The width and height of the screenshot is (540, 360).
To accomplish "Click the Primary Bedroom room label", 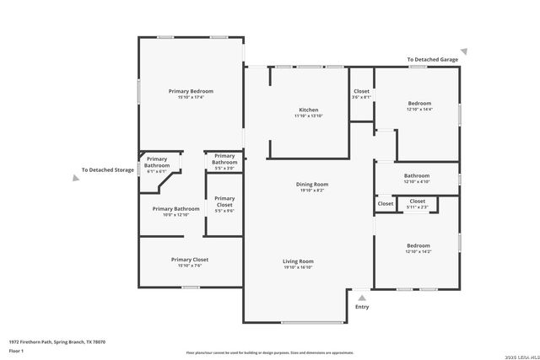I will (x=191, y=91).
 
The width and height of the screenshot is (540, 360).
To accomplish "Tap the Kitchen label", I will (x=308, y=110).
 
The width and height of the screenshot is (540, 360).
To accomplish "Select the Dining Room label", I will (x=311, y=184).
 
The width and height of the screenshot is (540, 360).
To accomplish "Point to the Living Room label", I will (x=298, y=261).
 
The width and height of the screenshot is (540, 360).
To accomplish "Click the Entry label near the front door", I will (x=362, y=307).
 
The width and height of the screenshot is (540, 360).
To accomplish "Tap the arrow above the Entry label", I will (x=362, y=297).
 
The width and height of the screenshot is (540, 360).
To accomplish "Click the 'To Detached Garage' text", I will (x=432, y=60).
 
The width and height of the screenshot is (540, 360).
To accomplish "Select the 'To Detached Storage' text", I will (x=108, y=170).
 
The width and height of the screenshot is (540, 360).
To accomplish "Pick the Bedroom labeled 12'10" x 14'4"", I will (x=418, y=104).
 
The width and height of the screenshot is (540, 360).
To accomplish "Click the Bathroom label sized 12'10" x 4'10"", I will (x=417, y=175).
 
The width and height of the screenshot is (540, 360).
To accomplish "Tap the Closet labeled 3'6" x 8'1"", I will (x=361, y=91).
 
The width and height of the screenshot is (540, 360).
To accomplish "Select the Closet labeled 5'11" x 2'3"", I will (x=417, y=201).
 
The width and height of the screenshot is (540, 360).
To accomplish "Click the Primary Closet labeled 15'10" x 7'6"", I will (x=190, y=260).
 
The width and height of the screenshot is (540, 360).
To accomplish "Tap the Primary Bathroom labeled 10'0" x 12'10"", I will (x=175, y=209).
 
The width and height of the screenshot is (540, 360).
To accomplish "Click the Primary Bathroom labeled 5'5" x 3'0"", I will (x=224, y=156).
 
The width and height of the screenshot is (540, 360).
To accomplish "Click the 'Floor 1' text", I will (x=15, y=350).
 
